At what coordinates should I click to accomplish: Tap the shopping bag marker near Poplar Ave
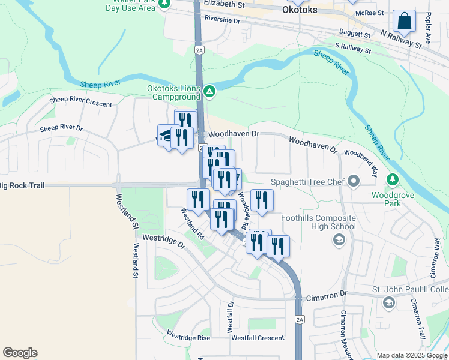click(x=405, y=22)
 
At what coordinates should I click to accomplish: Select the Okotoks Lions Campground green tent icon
click(x=209, y=92)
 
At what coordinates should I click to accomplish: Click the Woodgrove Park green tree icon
click(x=393, y=179)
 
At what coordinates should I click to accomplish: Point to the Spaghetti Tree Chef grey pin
click(x=354, y=181)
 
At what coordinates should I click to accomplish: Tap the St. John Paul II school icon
click(x=389, y=304)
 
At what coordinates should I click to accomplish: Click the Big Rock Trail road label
click(x=23, y=186)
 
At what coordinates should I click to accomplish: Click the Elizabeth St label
click(x=224, y=4)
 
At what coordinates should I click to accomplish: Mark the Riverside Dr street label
click(x=221, y=20)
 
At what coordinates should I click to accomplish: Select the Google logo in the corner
click(x=20, y=353)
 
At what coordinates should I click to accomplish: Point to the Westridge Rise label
click(x=188, y=336)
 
